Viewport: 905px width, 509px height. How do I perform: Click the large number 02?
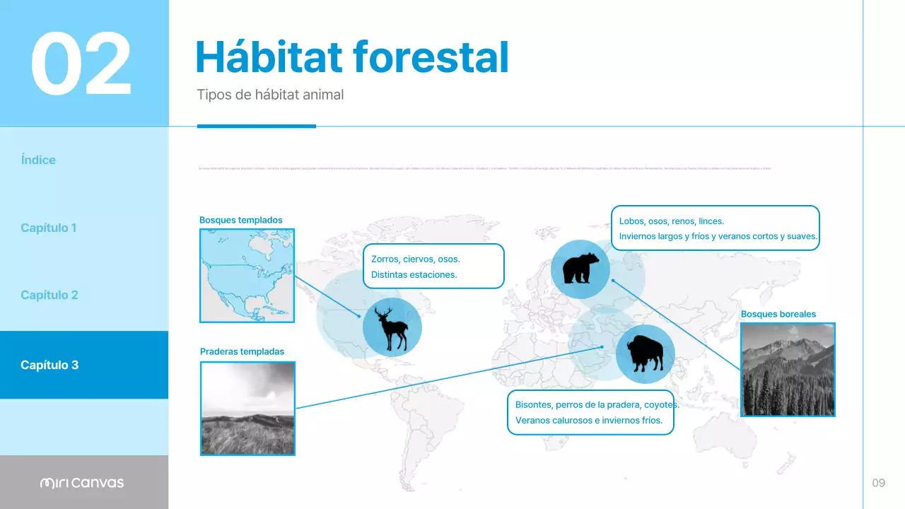click(81, 64)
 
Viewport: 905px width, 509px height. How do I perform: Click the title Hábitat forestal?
click(351, 57)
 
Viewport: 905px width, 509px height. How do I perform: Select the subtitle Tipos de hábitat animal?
click(270, 95)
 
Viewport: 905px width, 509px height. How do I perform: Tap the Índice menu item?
click(38, 160)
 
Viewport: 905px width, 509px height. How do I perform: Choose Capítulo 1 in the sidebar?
click(48, 228)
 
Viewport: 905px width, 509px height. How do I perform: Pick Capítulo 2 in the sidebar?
click(49, 295)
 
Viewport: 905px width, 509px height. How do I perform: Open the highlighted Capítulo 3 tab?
click(49, 365)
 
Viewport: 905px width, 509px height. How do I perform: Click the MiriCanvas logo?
click(82, 483)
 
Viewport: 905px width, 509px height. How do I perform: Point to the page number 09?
click(878, 483)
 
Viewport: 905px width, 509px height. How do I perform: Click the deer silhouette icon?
click(392, 327)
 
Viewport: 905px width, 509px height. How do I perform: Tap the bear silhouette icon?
click(580, 269)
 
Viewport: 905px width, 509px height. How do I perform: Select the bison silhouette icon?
click(645, 354)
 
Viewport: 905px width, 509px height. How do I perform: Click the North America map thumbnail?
click(247, 276)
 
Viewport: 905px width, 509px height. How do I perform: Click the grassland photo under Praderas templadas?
click(247, 408)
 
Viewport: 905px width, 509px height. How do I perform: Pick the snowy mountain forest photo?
click(787, 369)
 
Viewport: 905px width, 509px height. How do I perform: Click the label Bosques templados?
click(240, 220)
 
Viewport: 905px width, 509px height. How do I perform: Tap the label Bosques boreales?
click(778, 314)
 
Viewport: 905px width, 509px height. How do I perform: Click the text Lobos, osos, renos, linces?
click(671, 221)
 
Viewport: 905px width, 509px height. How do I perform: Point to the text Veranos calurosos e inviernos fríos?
click(588, 421)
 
